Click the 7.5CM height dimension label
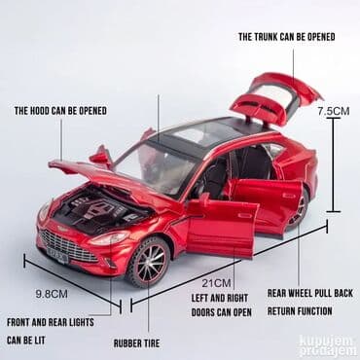[333, 111]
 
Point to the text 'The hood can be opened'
[60, 111]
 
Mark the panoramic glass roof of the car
[209, 130]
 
